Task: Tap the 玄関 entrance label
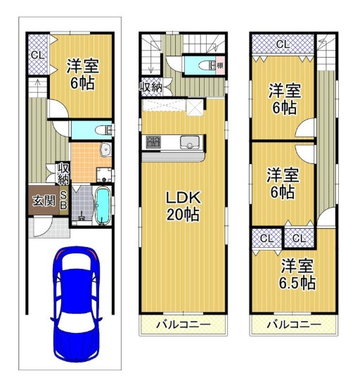pyautogui.click(x=43, y=201)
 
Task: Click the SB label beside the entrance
pyautogui.click(x=63, y=200)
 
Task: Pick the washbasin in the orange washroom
pyautogui.click(x=103, y=150)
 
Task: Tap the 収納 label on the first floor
pyautogui.click(x=63, y=172)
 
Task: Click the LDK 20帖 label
pyautogui.click(x=181, y=206)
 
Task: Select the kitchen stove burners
pyautogui.click(x=153, y=144)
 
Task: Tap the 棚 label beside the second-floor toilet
pyautogui.click(x=220, y=65)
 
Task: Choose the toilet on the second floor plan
pyautogui.click(x=206, y=65)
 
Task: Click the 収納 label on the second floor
pyautogui.click(x=150, y=87)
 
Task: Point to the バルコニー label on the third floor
pyautogui.click(x=293, y=325)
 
